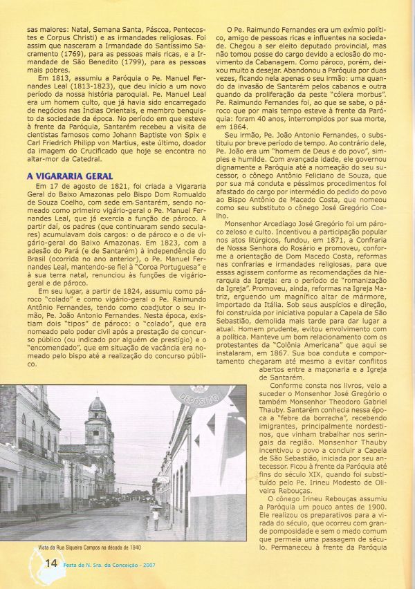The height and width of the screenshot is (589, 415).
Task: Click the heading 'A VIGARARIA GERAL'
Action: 70,176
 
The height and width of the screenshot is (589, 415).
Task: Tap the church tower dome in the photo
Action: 98,405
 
